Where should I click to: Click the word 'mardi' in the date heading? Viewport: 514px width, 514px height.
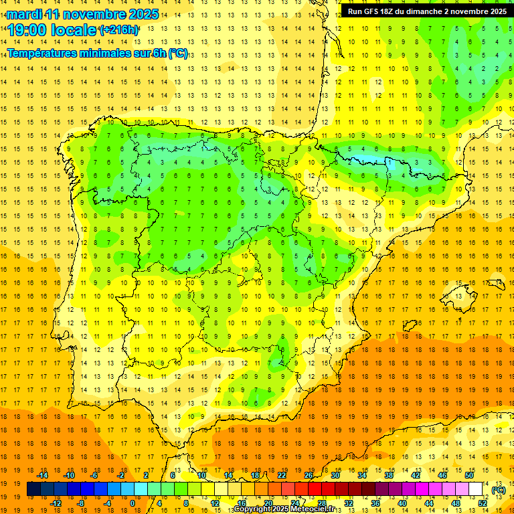point(25,14)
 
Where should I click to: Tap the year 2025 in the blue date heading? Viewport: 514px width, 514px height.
point(142,14)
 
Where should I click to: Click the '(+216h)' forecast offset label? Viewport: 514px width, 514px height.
point(119,30)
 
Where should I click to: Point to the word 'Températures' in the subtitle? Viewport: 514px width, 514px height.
point(42,53)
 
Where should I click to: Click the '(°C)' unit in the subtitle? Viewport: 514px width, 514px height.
point(178,53)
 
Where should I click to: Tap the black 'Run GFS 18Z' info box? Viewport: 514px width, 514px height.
point(426,11)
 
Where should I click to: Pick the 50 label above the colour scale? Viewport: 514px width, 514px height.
point(468,475)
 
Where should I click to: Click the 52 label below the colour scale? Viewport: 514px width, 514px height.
point(483,503)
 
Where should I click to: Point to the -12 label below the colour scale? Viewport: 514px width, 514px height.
point(56,503)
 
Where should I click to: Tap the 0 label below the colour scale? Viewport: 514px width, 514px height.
point(132,503)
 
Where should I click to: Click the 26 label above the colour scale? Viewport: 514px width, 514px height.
point(308,475)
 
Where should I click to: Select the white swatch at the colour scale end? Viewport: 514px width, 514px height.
point(476,489)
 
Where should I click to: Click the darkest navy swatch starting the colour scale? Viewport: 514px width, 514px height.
point(33,489)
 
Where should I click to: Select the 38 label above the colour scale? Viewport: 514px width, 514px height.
point(388,475)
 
